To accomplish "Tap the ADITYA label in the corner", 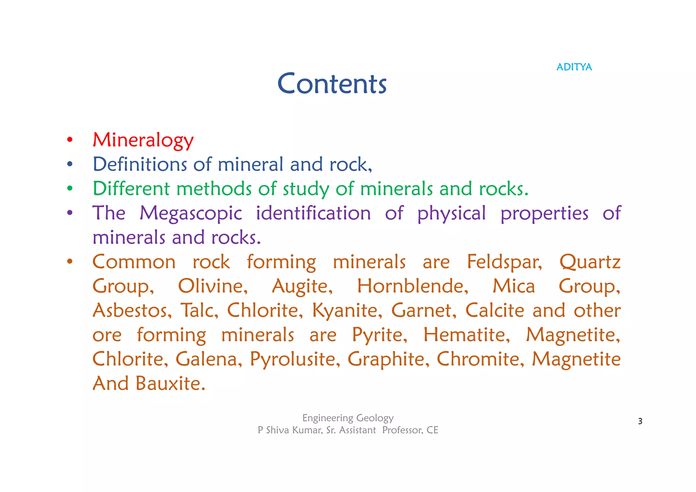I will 574,67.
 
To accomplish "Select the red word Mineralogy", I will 143,140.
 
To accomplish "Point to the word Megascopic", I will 191,213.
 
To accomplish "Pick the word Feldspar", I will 504,262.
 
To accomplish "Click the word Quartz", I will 590,262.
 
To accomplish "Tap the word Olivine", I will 213,286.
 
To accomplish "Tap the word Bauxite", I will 171,383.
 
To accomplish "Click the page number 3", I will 640,421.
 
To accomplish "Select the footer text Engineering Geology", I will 348,418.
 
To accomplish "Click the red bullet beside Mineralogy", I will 70,140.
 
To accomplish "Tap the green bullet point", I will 70,189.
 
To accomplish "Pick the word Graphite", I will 388,359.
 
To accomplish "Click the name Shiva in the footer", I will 277,430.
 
